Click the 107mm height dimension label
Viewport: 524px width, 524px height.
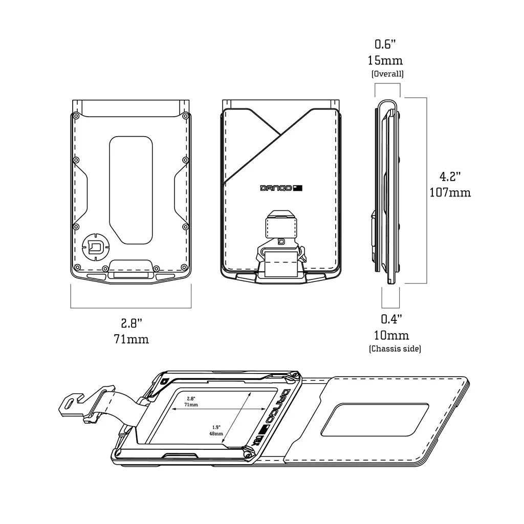450,193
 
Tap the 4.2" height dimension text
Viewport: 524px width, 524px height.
450,177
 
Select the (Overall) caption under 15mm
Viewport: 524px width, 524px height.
387,74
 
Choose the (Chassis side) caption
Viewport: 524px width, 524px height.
395,349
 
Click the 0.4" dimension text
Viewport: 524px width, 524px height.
391,319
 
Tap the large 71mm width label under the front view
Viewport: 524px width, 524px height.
132,339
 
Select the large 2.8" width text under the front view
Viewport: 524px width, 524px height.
132,323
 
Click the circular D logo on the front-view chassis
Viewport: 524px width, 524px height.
95,248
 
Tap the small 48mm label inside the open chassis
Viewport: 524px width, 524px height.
216,433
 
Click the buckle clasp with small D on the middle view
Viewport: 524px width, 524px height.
281,242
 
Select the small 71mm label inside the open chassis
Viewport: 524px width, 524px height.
192,404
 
